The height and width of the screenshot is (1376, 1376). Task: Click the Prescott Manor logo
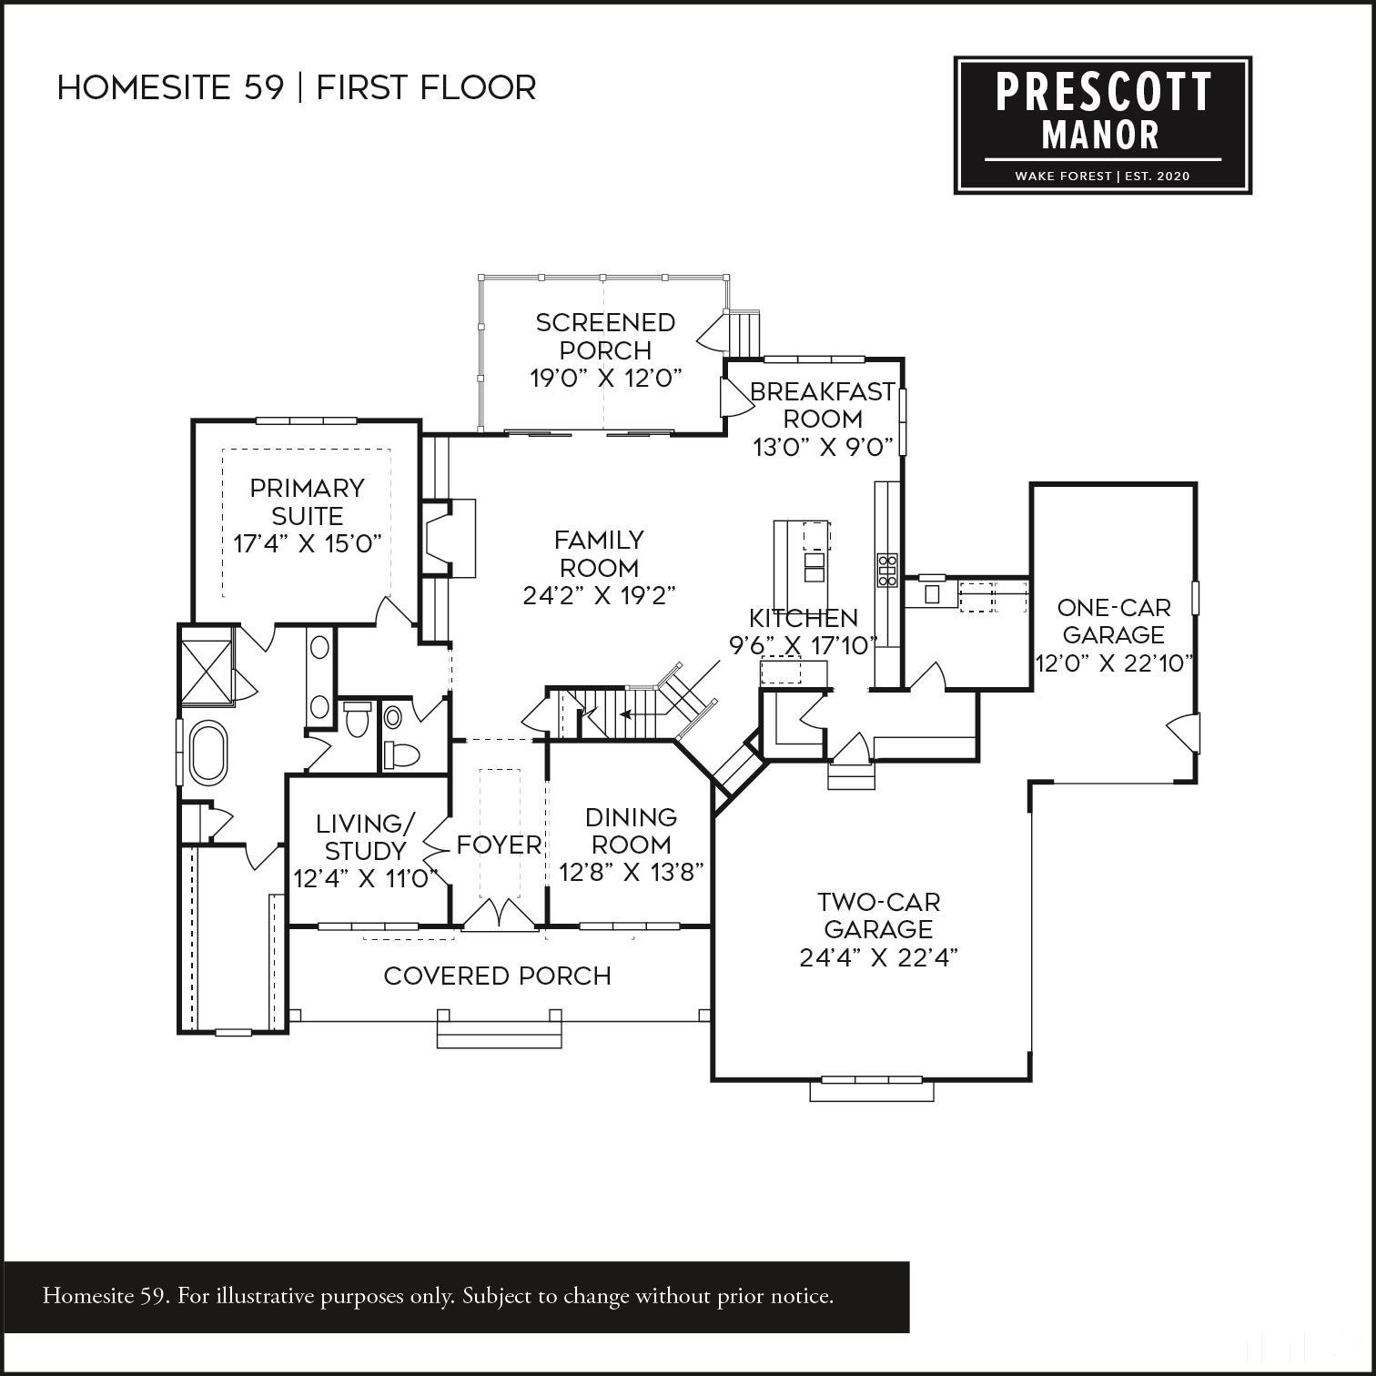[1102, 125]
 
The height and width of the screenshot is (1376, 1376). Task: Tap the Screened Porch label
[605, 337]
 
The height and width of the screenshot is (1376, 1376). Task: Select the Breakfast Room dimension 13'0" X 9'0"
[822, 448]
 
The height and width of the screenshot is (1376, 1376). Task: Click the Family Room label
[599, 553]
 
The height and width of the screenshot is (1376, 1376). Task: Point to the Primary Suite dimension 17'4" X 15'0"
[307, 544]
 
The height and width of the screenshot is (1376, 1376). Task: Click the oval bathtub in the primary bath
[207, 753]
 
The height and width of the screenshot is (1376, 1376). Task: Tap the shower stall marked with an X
[207, 673]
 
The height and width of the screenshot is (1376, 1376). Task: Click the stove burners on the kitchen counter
[887, 570]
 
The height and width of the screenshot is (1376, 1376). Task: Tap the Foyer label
[499, 845]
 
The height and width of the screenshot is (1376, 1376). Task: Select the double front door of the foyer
[500, 915]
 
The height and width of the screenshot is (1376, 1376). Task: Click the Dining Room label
[631, 830]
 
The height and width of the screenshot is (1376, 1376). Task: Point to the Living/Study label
[365, 837]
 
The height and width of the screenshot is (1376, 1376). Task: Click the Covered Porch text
[497, 976]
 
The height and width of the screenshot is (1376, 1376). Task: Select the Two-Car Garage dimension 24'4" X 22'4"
[878, 957]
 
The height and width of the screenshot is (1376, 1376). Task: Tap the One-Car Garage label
[1113, 621]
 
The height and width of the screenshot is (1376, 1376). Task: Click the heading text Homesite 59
[170, 88]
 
